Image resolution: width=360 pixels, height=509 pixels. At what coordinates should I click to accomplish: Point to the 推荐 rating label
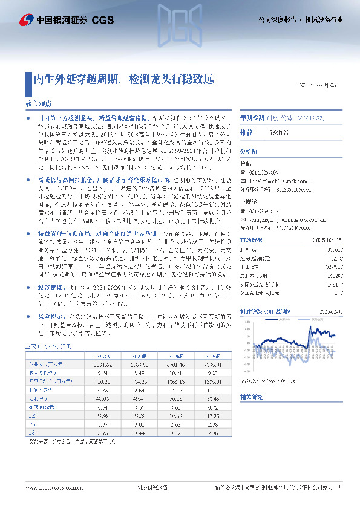click(x=246, y=132)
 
